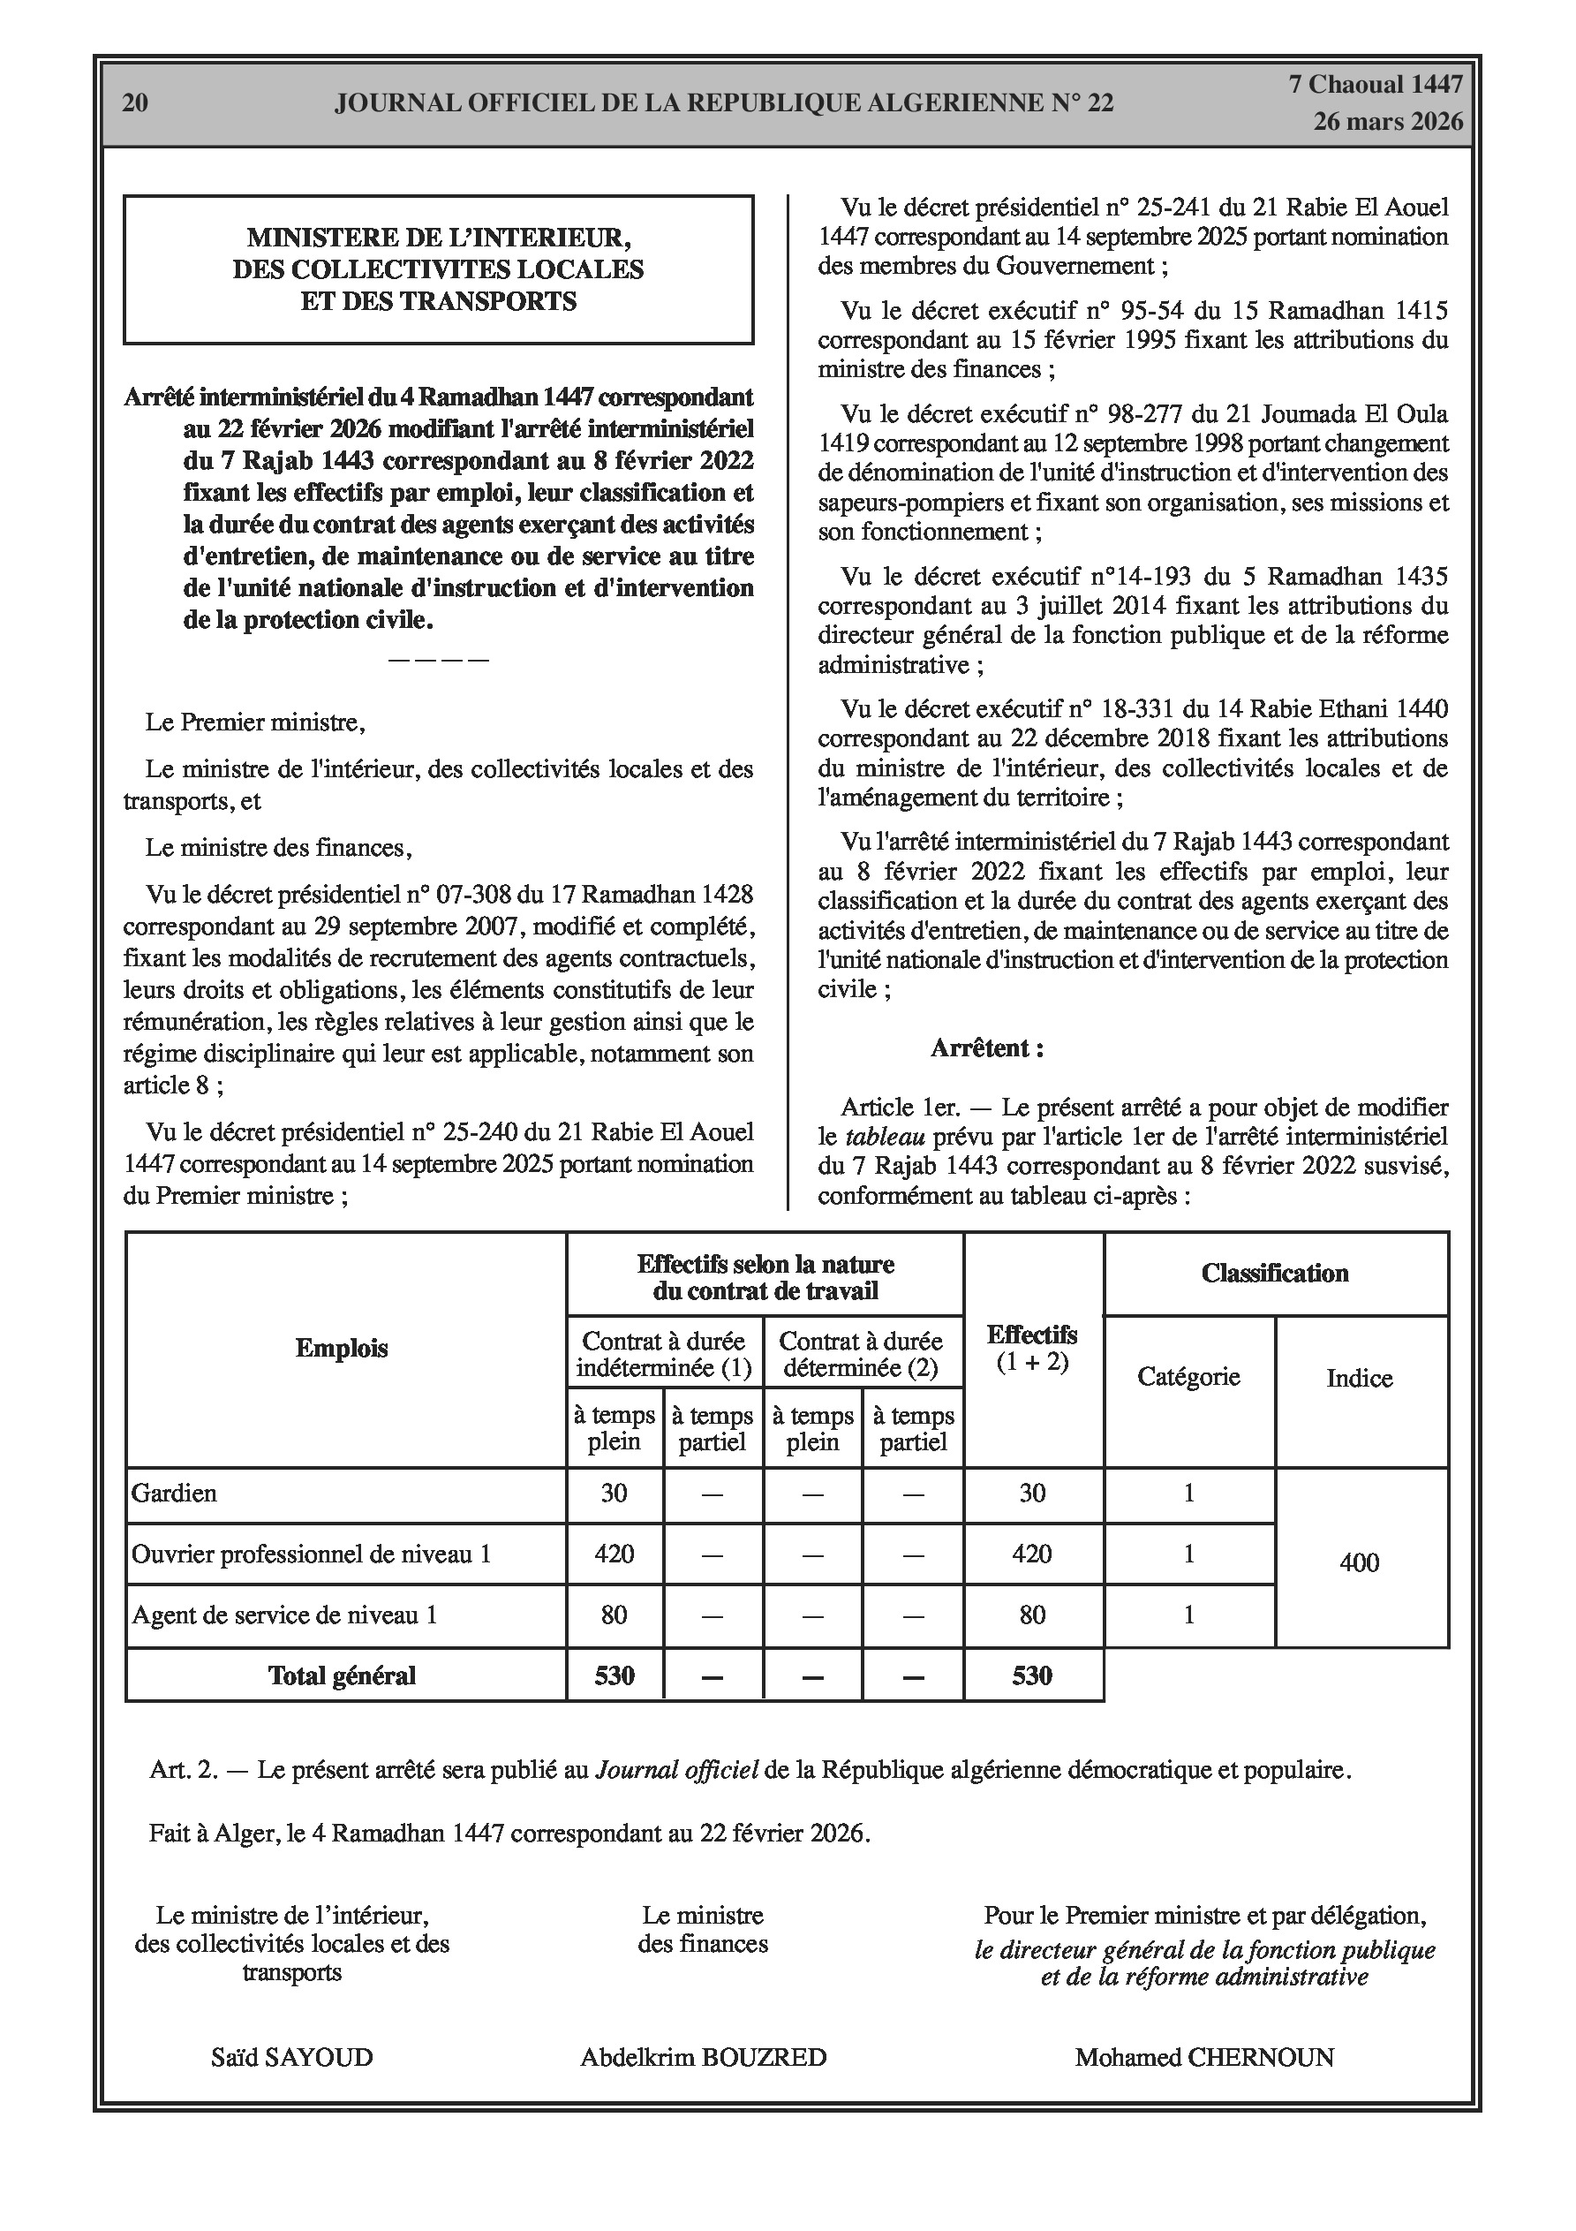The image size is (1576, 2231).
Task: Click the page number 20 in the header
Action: pyautogui.click(x=135, y=103)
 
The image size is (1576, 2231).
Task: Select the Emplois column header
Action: pyautogui.click(x=342, y=1349)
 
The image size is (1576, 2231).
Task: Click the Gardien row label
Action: pyautogui.click(x=175, y=1493)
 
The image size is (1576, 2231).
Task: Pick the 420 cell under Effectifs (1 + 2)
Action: pyautogui.click(x=1032, y=1554)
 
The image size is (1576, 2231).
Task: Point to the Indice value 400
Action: pyautogui.click(x=1360, y=1562)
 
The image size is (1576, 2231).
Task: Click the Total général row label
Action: pyautogui.click(x=342, y=1675)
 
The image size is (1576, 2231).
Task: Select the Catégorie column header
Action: pyautogui.click(x=1188, y=1377)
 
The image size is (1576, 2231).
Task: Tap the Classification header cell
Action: pyautogui.click(x=1275, y=1274)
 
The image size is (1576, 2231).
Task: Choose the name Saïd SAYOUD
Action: pyautogui.click(x=291, y=2057)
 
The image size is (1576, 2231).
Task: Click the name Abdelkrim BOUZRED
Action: pyautogui.click(x=704, y=2057)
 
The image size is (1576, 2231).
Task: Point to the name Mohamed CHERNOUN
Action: pyautogui.click(x=1204, y=2057)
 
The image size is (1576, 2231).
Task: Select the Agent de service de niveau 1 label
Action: pyautogui.click(x=284, y=1615)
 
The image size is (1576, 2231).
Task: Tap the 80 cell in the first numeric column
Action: pyautogui.click(x=615, y=1615)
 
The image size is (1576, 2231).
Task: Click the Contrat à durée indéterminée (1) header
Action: pyautogui.click(x=665, y=1356)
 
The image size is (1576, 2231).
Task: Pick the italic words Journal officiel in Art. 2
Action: pyautogui.click(x=676, y=1769)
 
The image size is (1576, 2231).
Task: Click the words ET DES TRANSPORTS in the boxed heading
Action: pyautogui.click(x=438, y=301)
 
